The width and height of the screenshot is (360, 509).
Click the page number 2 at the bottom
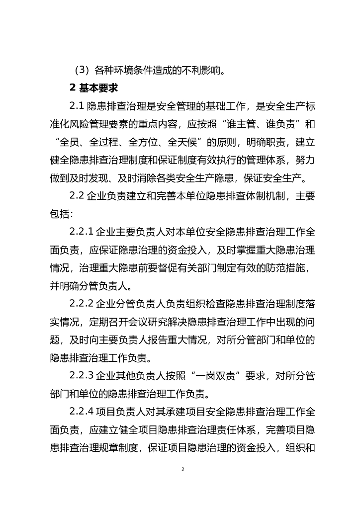183,469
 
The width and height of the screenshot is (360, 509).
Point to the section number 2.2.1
82,232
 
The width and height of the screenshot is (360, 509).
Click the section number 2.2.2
82,304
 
